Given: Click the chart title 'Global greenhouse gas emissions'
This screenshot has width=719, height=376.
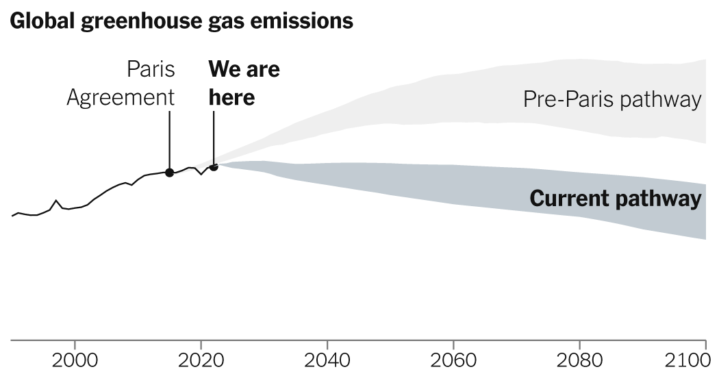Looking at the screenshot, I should [181, 21].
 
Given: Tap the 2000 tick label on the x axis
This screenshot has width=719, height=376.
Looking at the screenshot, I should [75, 359].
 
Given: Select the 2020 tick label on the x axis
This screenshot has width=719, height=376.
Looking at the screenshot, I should [201, 359].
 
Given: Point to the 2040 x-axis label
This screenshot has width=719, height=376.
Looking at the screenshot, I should [327, 359].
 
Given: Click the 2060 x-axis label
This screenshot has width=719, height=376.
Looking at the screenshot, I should [453, 359].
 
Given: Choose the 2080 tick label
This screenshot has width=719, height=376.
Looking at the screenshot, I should [579, 359].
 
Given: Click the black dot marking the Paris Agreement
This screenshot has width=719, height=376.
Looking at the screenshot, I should [169, 173].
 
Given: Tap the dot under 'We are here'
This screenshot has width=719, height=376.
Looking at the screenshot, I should [214, 166].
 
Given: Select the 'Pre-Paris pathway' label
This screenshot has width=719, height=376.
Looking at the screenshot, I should [612, 100].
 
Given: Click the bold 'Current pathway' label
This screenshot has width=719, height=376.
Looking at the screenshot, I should [616, 199].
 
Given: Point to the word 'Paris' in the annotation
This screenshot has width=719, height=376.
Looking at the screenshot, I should [151, 70].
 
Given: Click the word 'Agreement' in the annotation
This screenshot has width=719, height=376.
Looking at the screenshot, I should [121, 97].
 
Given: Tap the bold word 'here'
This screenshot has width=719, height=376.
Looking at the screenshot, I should [231, 97].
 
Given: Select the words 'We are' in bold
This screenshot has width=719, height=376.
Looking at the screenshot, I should [244, 70].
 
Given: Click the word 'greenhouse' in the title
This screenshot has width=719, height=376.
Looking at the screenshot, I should [137, 21].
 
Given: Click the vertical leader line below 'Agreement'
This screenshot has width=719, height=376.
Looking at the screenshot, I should [169, 137].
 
